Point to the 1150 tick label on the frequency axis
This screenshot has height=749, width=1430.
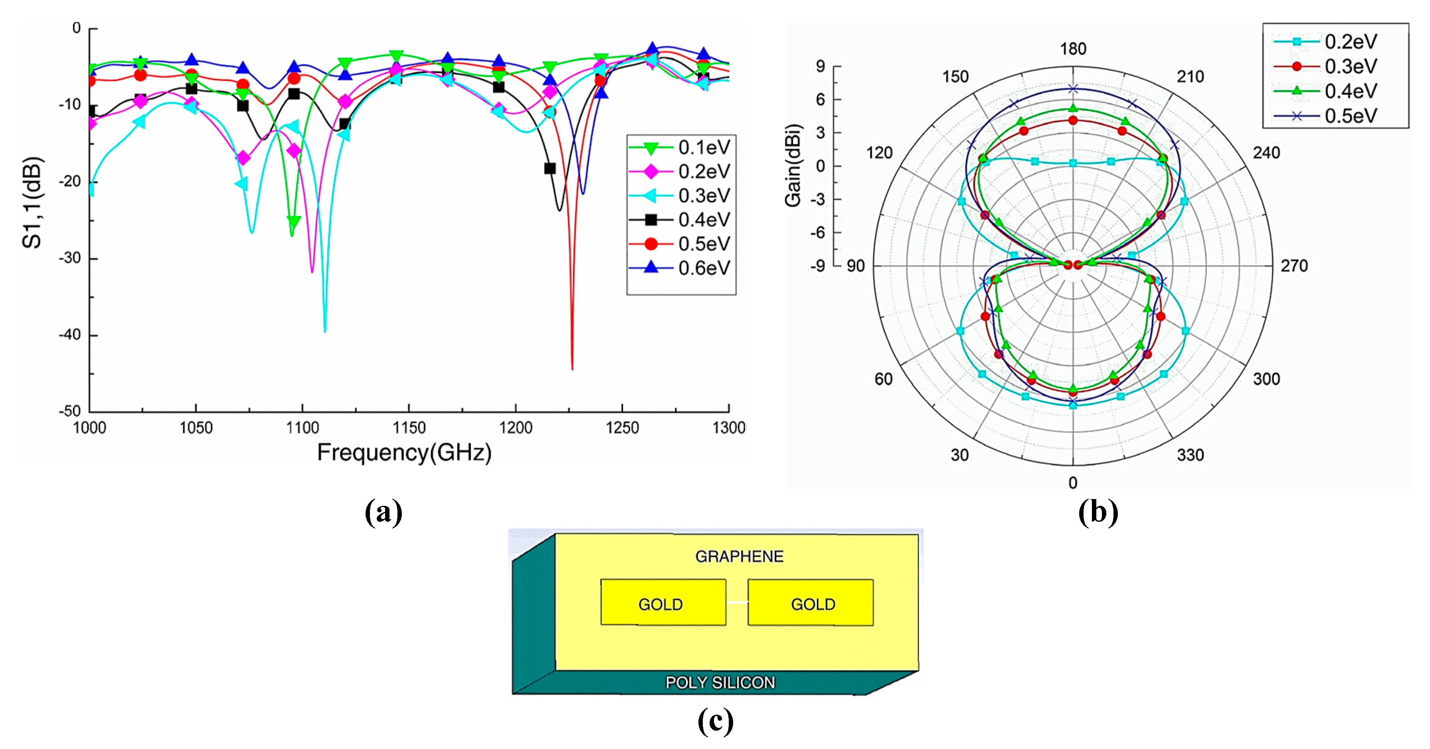coord(409,428)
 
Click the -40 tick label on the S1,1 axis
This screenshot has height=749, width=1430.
coord(70,335)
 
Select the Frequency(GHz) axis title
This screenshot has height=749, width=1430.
coord(404,452)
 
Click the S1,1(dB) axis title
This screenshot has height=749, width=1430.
coord(32,202)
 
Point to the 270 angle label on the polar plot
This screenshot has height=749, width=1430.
coord(1294,266)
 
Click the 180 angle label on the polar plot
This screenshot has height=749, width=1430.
coord(1073,49)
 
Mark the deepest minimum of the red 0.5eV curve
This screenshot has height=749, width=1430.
coord(572,368)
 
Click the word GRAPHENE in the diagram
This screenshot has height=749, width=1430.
coord(739,556)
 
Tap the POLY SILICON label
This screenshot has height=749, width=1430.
coord(720,682)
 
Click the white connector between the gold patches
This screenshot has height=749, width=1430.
coord(737,602)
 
